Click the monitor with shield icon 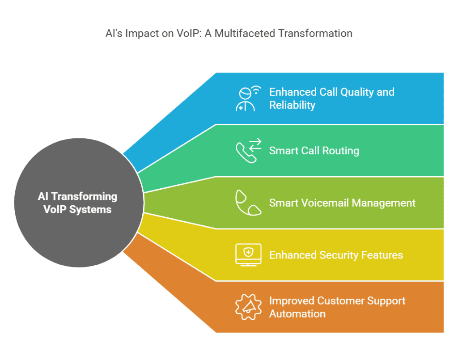pyautogui.click(x=248, y=255)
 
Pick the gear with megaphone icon pyautogui.click(x=248, y=307)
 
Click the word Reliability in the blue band pyautogui.click(x=292, y=105)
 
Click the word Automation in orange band pyautogui.click(x=297, y=314)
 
